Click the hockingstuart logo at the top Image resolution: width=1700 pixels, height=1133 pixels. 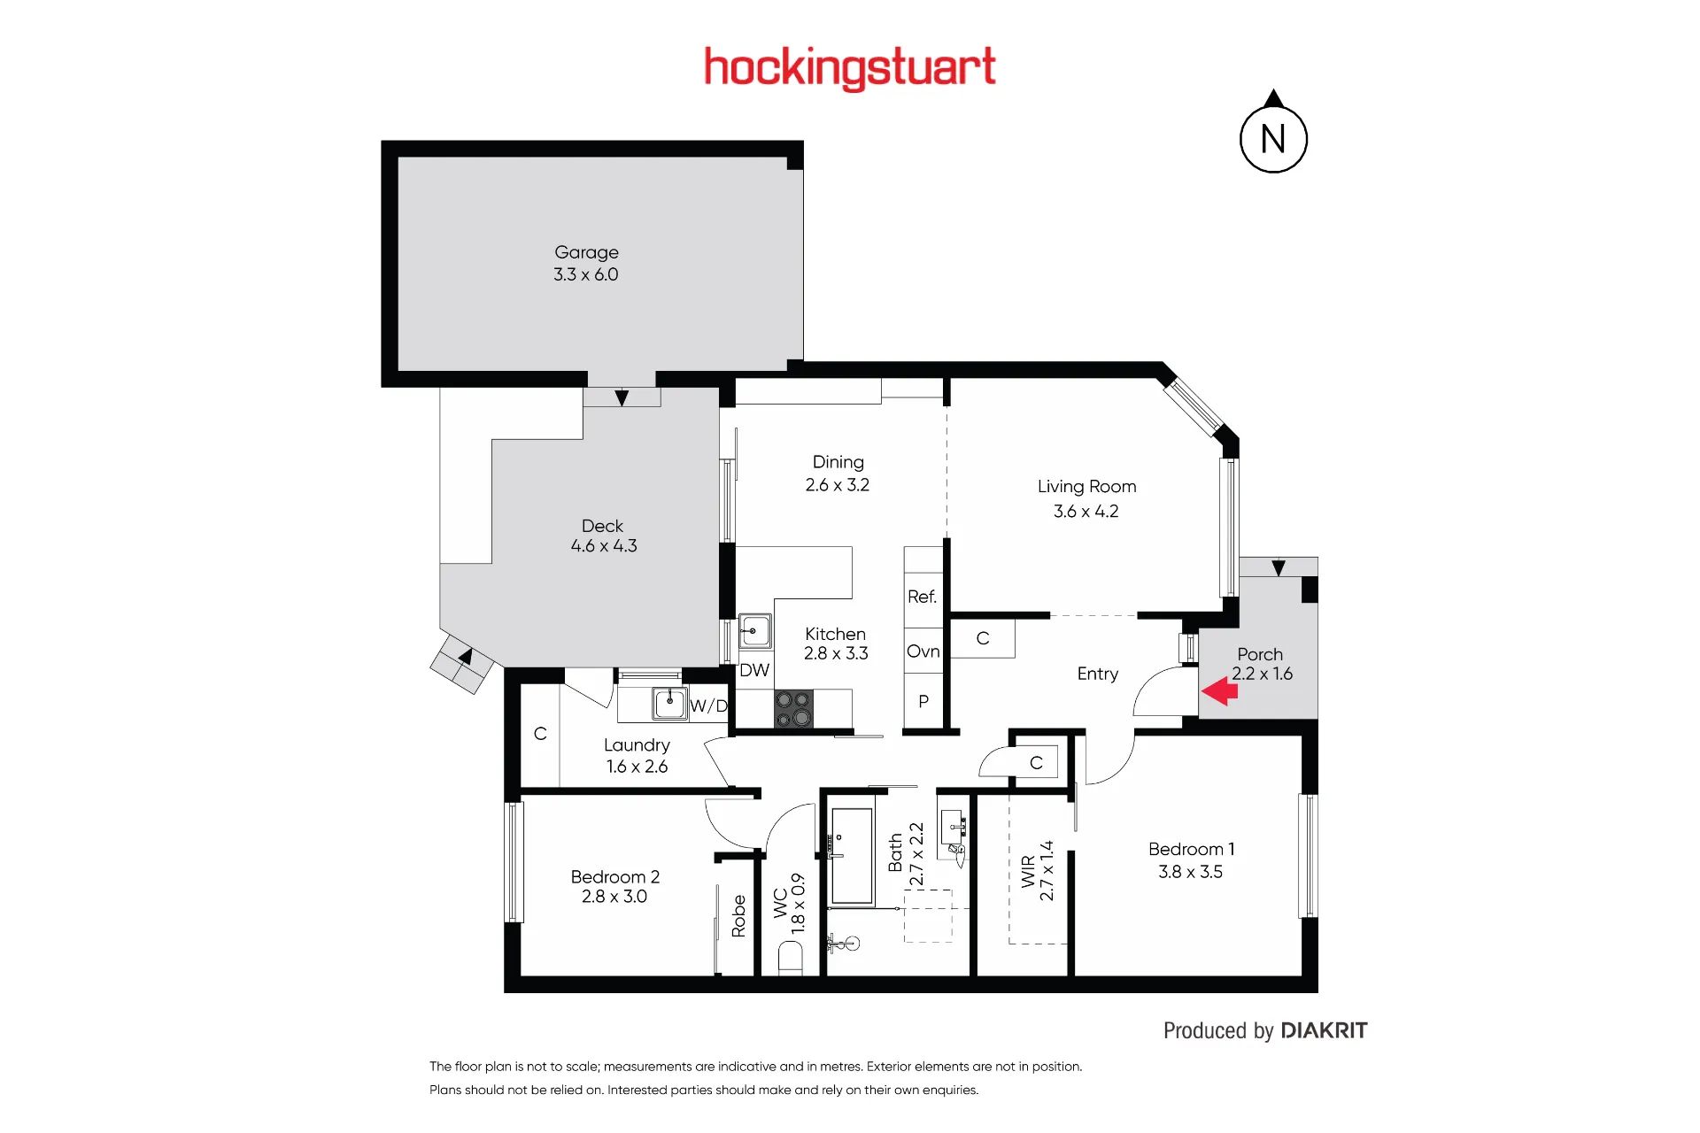(x=850, y=68)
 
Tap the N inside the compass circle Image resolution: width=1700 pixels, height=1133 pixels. (x=1273, y=139)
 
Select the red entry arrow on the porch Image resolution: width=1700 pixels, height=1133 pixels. (x=1219, y=691)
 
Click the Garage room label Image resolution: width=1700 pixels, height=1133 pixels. (x=586, y=253)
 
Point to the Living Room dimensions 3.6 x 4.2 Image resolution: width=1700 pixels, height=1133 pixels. (x=1086, y=512)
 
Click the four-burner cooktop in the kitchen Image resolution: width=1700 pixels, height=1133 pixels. (x=792, y=709)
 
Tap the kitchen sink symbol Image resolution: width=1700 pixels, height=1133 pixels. (x=754, y=631)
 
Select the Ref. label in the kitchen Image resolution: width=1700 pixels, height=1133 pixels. (x=922, y=597)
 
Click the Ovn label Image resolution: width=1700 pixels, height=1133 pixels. (x=923, y=651)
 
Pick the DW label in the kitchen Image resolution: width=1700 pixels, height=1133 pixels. (x=754, y=670)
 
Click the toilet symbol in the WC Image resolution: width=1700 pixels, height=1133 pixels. (x=790, y=958)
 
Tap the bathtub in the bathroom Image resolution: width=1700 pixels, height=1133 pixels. (x=853, y=855)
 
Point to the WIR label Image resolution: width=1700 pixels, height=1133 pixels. (x=1028, y=872)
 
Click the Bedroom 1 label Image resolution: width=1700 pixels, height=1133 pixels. (x=1191, y=849)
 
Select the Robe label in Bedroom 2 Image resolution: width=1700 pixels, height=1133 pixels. (x=738, y=916)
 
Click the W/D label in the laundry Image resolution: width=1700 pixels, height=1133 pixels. (x=708, y=705)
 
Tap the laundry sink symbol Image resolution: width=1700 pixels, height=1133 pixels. (x=669, y=704)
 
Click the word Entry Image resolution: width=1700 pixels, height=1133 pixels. (x=1098, y=674)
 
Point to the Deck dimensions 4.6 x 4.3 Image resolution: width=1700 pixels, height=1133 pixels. (x=604, y=546)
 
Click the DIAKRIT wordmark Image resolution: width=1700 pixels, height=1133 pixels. (x=1324, y=1030)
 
